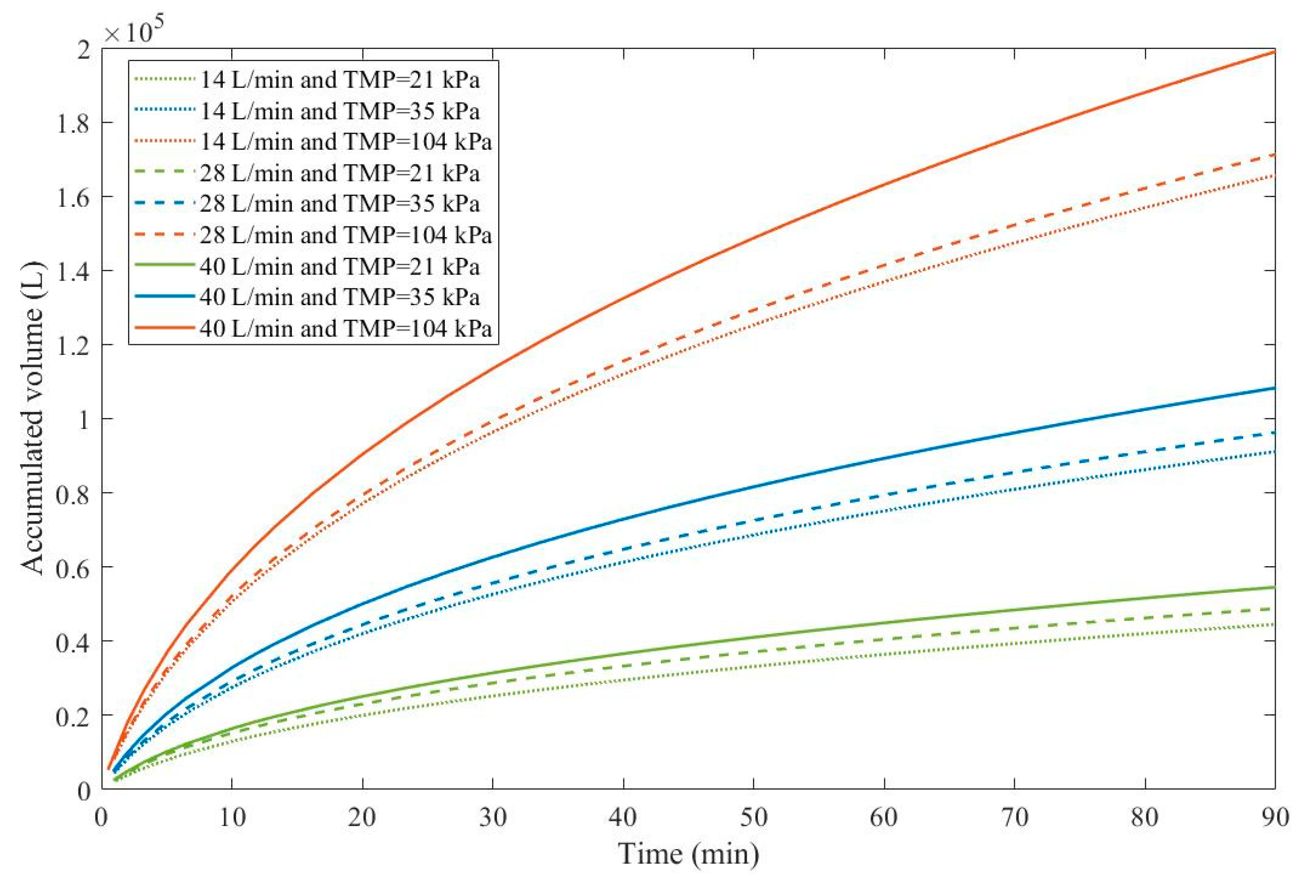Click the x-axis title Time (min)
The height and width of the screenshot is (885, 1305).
click(688, 854)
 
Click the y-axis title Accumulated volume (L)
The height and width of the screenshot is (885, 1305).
click(33, 418)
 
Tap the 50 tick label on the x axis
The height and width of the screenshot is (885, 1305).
click(753, 817)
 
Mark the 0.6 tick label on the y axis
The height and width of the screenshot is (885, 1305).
click(73, 568)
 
